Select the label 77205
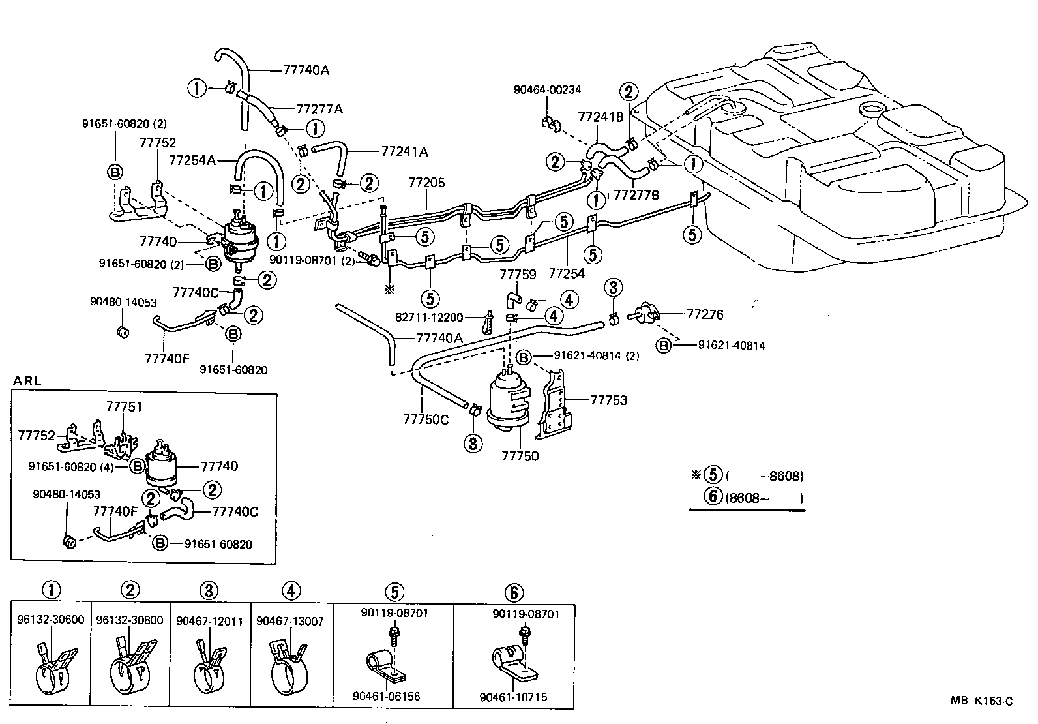pos(427,183)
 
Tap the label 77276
pos(705,314)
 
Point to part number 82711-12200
pos(429,318)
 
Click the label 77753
pos(608,400)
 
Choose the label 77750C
pos(426,419)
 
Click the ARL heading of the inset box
pos(27,381)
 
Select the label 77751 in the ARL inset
pos(124,407)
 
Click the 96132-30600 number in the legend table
pos(51,620)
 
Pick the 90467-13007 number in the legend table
pos(290,621)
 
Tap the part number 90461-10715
pos(513,697)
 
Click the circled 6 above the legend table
pos(514,592)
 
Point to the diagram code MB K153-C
pos(982,701)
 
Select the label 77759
pos(518,275)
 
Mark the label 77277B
pos(637,194)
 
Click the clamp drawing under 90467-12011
pos(209,664)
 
